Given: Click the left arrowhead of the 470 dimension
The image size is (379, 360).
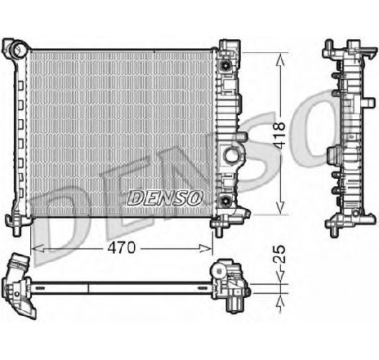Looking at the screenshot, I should coord(33,245).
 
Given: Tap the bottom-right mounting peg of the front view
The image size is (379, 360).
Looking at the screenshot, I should coord(222,221).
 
